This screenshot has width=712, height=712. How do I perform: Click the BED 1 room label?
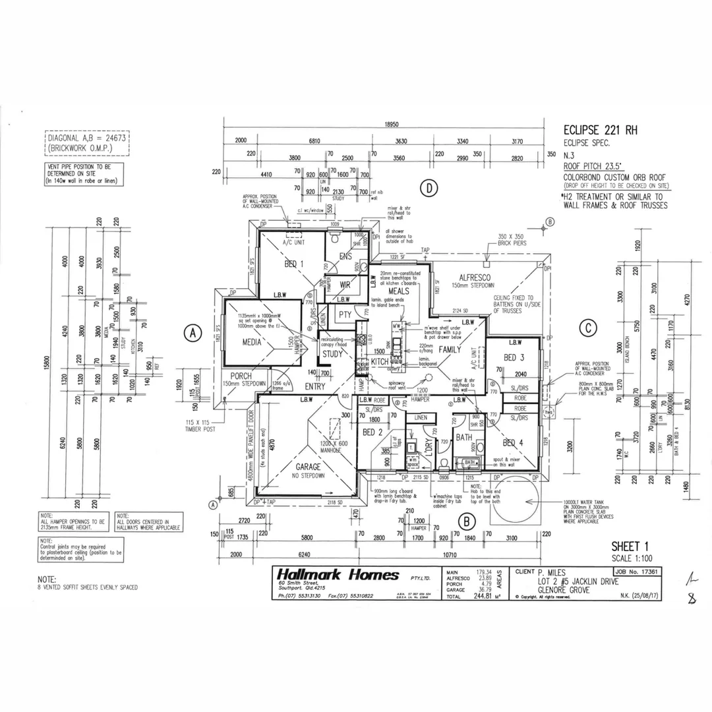pos(293,264)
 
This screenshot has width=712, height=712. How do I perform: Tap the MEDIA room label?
pos(251,342)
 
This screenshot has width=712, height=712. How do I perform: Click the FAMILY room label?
pos(450,349)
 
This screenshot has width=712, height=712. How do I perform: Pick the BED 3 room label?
pos(514,358)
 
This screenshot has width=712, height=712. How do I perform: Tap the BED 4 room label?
pos(513,442)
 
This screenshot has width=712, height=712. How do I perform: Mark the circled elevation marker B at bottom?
pos(466,522)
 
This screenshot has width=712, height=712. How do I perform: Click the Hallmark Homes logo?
pos(338,575)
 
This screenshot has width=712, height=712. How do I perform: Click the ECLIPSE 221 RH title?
pos(601,130)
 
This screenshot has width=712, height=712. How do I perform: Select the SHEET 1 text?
pos(630,547)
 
